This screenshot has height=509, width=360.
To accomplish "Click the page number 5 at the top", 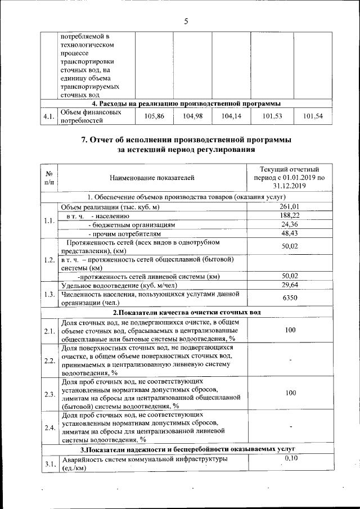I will tap(186, 22).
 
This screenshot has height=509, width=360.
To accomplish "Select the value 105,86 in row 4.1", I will tap(154, 116).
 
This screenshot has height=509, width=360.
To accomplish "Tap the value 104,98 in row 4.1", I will tap(192, 116).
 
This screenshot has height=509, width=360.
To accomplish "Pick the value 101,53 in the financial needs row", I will tap(272, 116).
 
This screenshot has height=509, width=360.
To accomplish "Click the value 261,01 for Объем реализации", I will tap(290, 207).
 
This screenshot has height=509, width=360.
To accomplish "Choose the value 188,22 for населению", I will tap(290, 215).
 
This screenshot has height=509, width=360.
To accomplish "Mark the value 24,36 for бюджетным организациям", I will tap(290, 224).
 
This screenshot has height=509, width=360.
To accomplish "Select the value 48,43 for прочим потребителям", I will tap(290, 232).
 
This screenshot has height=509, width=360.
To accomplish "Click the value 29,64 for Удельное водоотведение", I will tap(290, 285).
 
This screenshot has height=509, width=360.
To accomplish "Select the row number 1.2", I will tap(49, 260).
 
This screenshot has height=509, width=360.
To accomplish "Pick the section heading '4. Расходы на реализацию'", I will tap(186, 103).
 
